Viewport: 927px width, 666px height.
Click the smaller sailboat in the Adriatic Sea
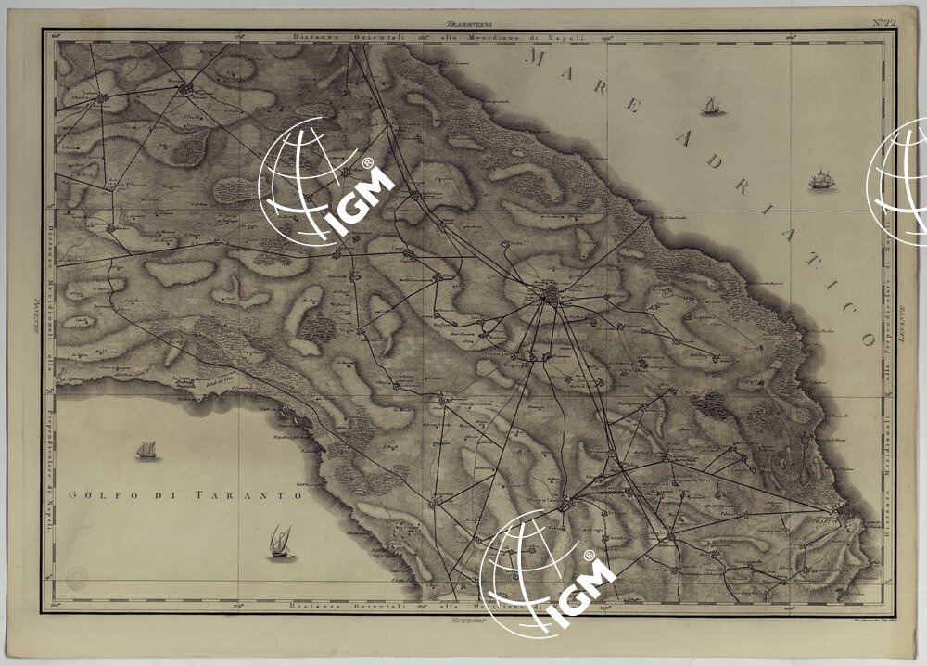712,106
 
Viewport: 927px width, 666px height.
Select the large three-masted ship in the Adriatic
821,178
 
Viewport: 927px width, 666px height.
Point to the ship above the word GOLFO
146,451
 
